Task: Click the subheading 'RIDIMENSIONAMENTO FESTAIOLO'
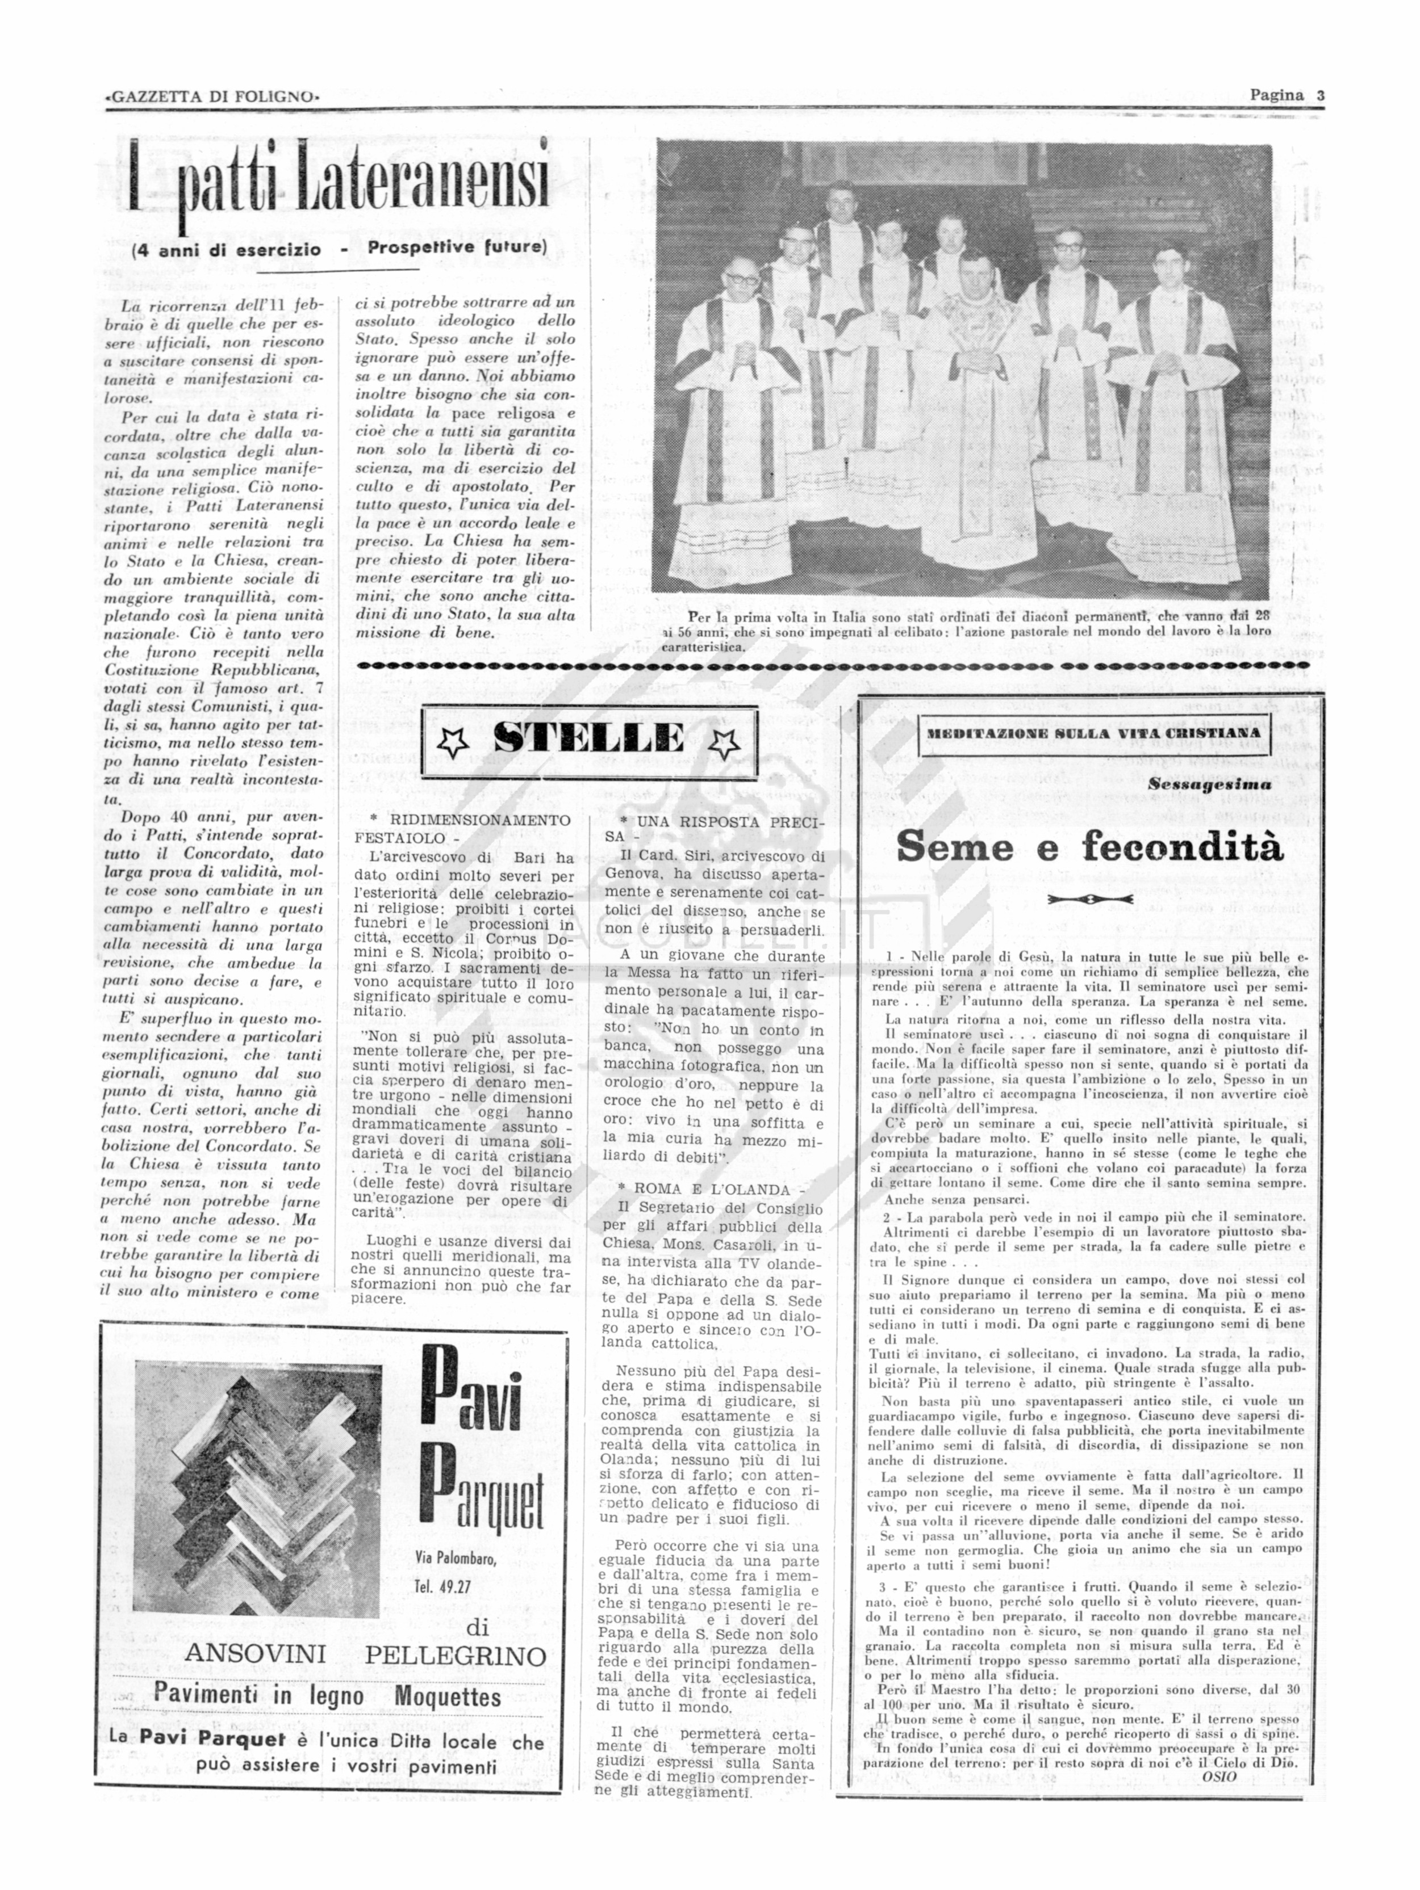point(462,828)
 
